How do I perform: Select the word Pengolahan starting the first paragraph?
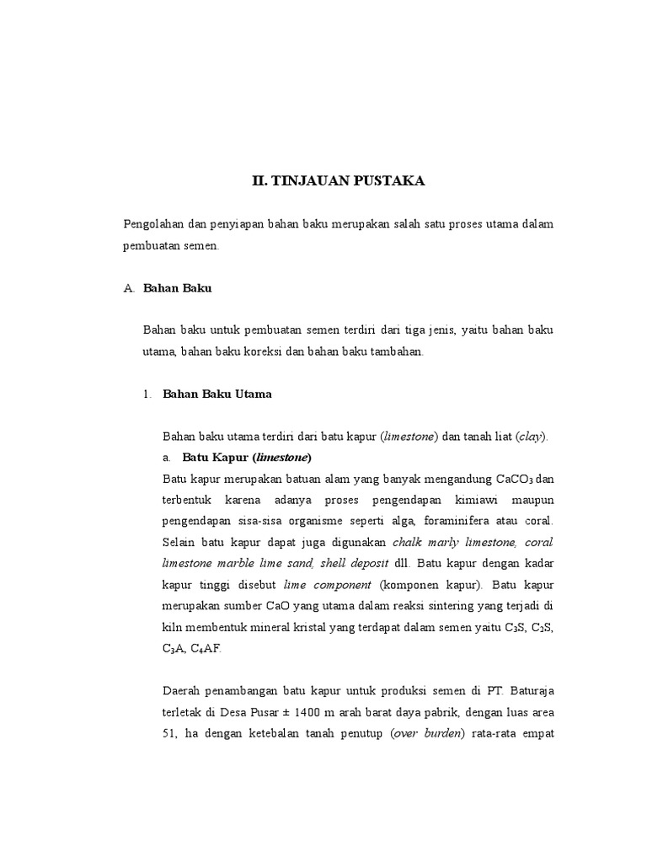(x=153, y=224)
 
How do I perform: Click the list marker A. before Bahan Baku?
(x=129, y=288)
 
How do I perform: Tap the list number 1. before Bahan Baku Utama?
(x=147, y=394)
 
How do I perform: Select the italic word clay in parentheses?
(x=530, y=437)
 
